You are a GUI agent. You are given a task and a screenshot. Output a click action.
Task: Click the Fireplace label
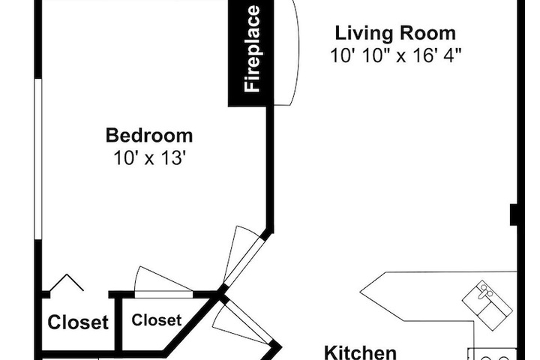252,49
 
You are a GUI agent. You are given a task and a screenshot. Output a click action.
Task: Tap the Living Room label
395,34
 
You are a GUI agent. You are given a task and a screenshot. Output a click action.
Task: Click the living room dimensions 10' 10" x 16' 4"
396,55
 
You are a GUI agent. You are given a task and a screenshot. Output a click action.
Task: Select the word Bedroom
149,136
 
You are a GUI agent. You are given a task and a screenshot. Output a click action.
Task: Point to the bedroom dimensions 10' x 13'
149,158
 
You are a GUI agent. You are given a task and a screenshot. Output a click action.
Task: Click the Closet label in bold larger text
78,322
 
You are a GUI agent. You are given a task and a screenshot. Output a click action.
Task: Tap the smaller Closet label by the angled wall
156,320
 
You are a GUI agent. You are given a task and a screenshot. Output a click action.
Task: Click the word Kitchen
360,352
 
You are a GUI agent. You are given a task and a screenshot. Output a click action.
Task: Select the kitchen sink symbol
487,305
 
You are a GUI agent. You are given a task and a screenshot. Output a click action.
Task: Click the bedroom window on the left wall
38,159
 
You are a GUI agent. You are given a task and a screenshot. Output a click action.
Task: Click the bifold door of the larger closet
67,282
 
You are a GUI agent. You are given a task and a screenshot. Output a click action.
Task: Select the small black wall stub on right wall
514,215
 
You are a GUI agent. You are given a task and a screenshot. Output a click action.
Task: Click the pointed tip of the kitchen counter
360,292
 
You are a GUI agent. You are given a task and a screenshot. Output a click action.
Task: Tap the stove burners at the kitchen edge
493,354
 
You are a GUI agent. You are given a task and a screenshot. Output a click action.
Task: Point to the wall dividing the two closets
118,323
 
